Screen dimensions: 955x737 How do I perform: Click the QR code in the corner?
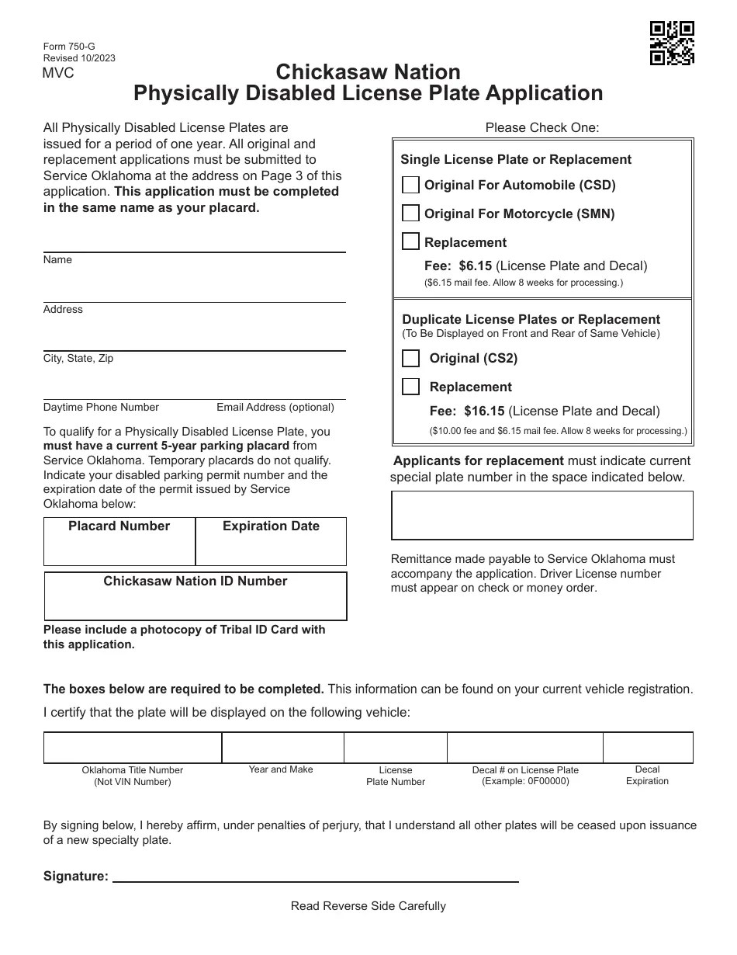671,43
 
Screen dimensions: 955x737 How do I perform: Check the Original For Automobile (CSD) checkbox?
411,185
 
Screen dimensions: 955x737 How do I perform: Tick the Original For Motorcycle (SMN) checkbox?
411,214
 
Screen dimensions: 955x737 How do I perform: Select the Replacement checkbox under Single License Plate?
411,241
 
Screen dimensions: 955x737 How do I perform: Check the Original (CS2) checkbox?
411,358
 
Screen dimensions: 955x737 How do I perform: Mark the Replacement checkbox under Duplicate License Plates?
411,387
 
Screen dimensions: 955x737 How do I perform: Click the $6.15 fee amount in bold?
475,266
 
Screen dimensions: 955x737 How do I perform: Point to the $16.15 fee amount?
484,412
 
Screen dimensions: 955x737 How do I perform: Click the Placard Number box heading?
119,526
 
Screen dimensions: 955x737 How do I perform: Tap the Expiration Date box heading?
271,526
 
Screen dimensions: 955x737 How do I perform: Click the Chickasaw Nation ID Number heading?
195,582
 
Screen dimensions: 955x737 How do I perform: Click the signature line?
316,876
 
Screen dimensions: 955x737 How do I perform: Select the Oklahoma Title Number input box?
133,747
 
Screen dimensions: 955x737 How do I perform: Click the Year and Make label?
281,769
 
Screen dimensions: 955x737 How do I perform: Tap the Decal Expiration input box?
648,747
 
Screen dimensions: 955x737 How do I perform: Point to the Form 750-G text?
69,47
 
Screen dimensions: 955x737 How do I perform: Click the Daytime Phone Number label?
101,408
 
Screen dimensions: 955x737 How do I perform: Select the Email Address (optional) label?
275,408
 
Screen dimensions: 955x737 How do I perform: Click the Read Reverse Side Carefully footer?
368,906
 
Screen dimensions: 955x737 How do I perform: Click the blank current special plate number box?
542,515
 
